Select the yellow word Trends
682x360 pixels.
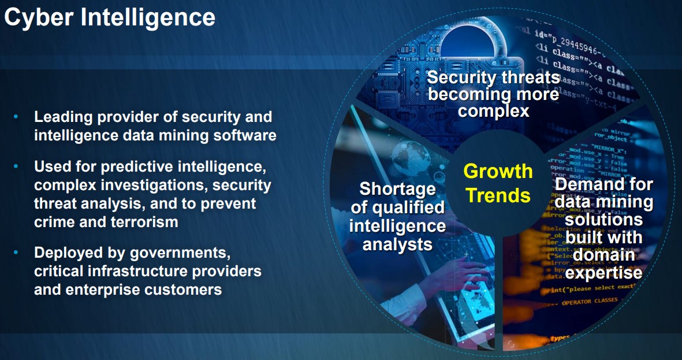coord(498,195)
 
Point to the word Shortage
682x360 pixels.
coord(397,190)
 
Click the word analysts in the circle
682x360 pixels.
coord(397,244)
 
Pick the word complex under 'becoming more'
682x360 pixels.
coord(494,110)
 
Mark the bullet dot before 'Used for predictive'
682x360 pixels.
coord(17,167)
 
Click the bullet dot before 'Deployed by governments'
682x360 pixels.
coord(17,253)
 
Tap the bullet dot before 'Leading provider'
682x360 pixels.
coord(17,117)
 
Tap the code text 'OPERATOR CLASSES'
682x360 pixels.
coord(590,300)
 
